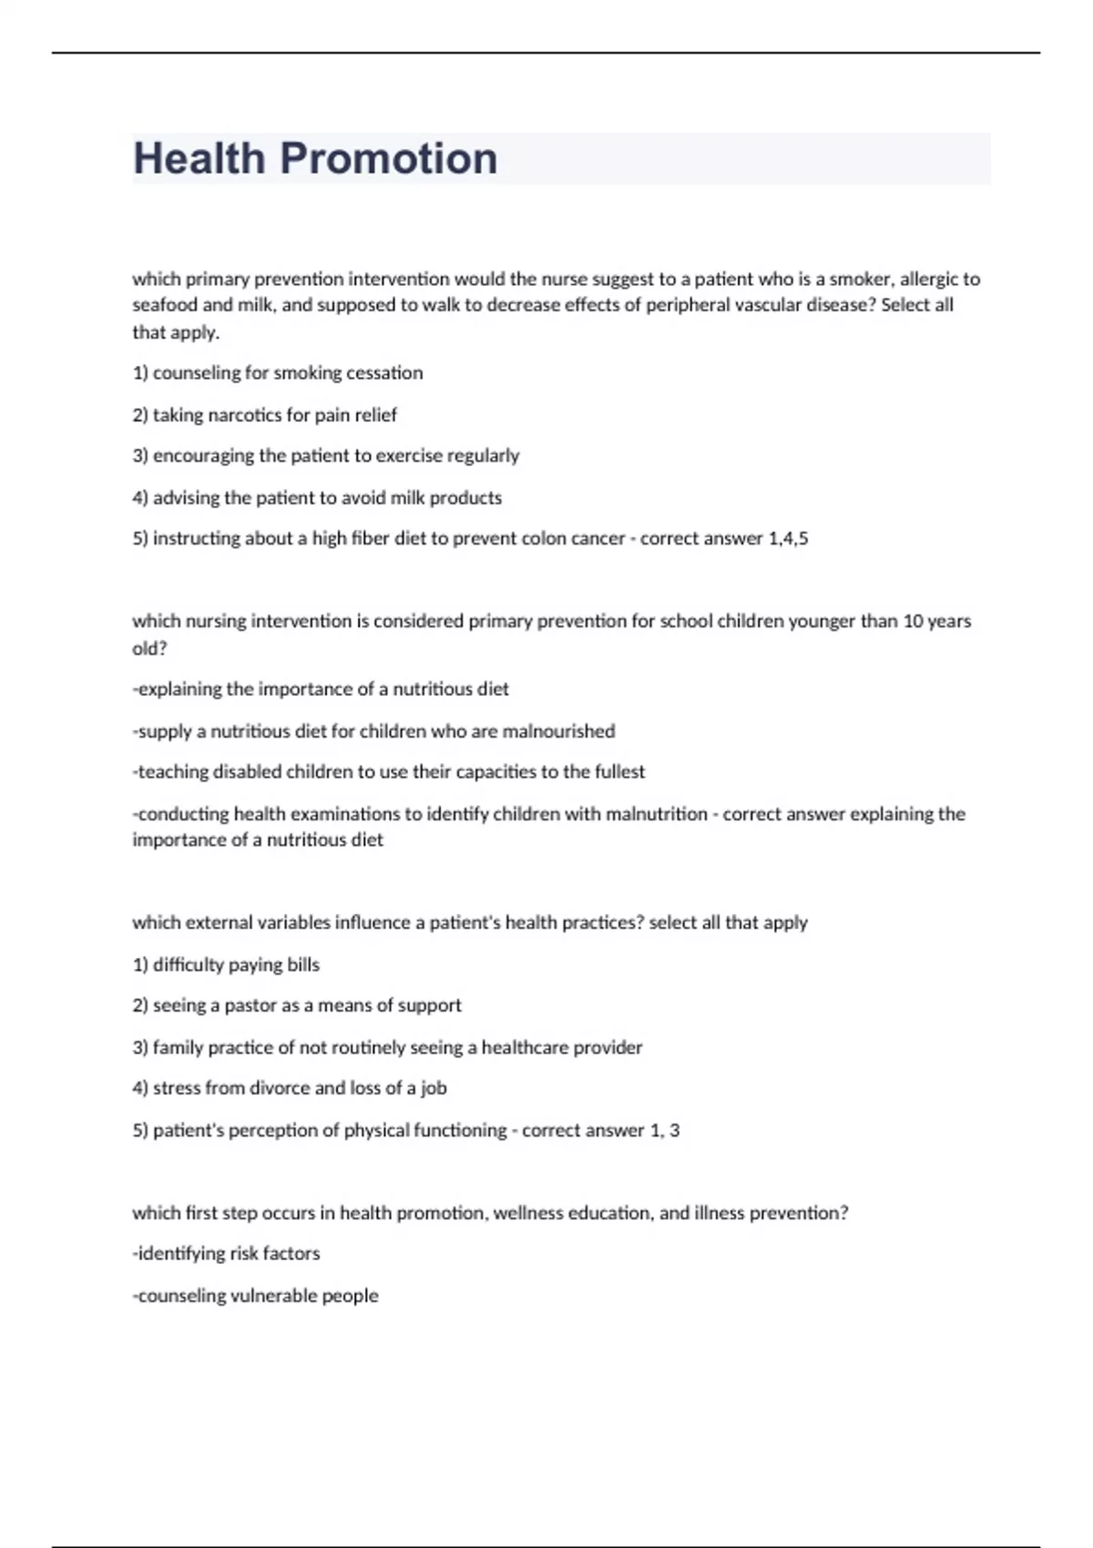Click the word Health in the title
[199, 158]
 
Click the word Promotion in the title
[389, 158]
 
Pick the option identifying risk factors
[228, 1253]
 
